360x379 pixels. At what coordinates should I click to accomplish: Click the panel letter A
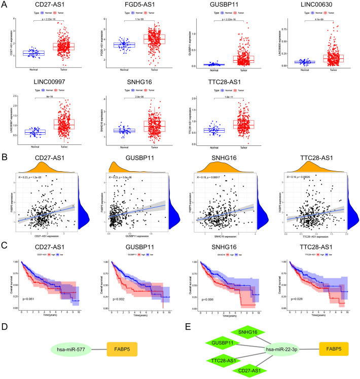[5, 5]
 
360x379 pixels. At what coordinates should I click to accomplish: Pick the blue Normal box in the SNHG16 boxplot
[122, 131]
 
